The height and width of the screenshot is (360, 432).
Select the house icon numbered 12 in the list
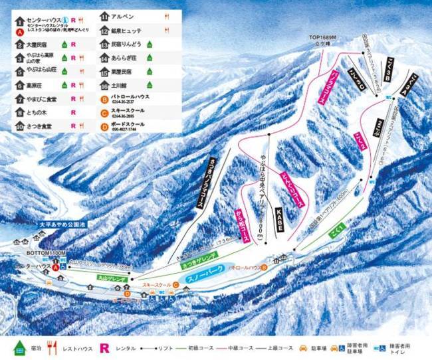[x=104, y=30]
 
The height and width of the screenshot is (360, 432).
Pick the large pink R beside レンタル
[x=104, y=347]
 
